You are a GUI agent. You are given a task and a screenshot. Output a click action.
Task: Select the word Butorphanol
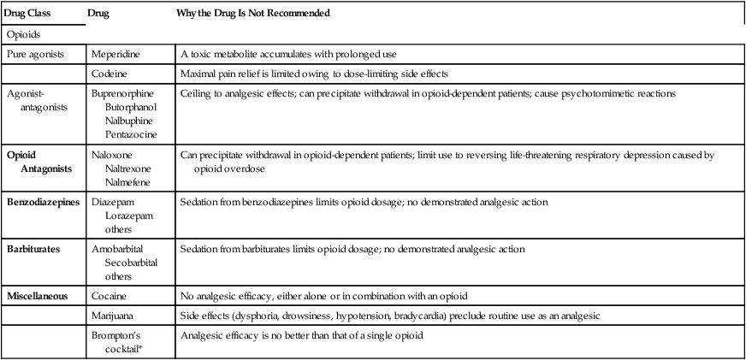pos(131,106)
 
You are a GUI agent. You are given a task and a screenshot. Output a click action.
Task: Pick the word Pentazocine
pos(130,134)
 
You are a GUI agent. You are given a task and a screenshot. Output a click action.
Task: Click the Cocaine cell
pos(110,296)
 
